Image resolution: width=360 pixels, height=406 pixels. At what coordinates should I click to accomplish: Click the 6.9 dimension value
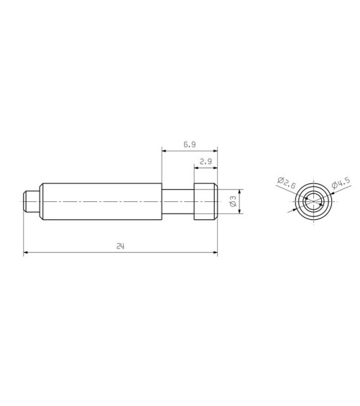[190, 144]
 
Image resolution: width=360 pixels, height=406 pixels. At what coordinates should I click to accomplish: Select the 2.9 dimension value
[206, 162]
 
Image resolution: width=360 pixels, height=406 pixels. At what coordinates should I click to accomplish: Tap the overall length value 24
[120, 246]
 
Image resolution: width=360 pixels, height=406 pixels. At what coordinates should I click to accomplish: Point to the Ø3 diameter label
[233, 201]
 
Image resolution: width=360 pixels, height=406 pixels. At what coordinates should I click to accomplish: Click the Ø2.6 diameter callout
[287, 183]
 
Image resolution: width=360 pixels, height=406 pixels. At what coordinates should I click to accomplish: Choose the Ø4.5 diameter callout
[341, 183]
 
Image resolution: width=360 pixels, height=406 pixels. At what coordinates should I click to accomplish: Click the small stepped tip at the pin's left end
[32, 201]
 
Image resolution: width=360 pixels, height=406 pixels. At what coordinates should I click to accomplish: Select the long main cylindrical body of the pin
[102, 201]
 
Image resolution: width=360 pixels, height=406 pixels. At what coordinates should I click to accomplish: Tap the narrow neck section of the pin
[178, 201]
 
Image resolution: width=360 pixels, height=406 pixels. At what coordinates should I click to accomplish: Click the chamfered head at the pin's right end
[206, 201]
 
